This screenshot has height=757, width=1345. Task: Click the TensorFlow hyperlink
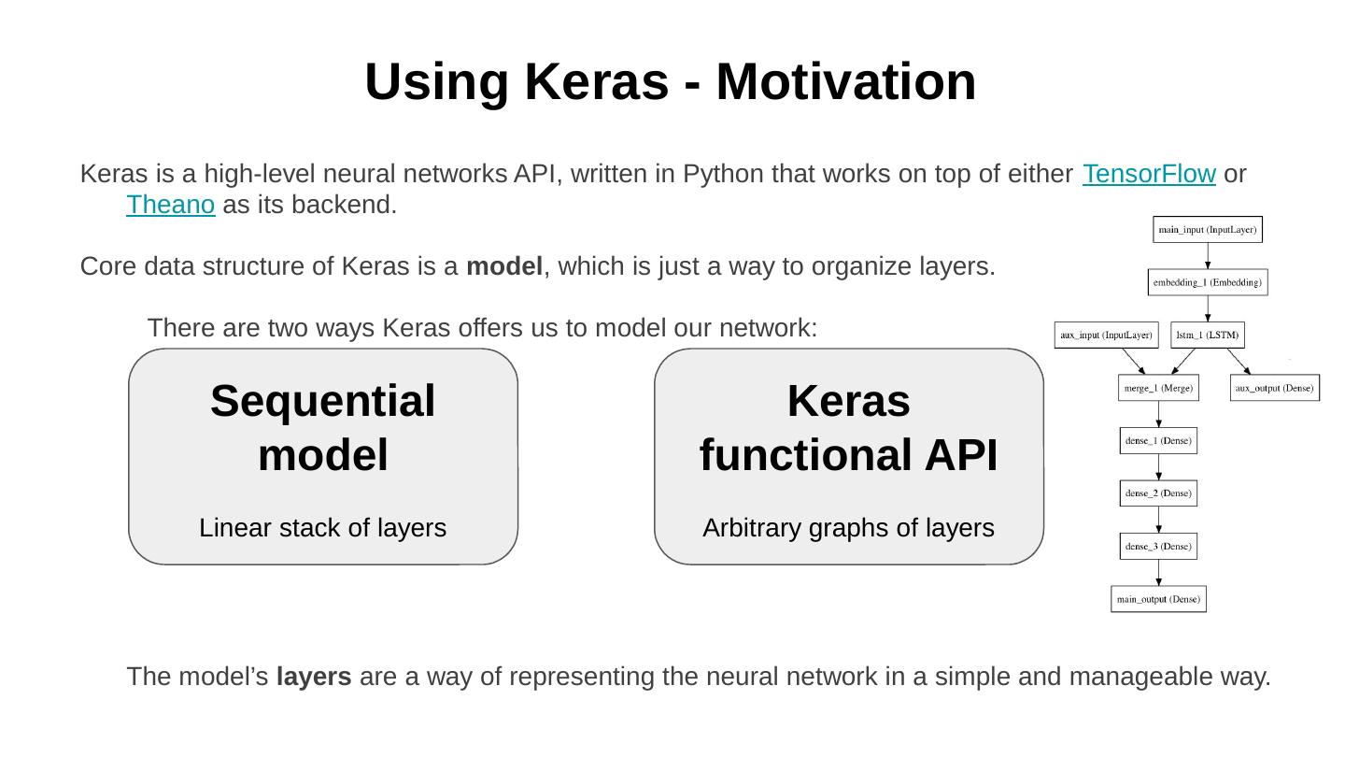click(x=1148, y=175)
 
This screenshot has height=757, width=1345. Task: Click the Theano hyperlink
click(x=171, y=205)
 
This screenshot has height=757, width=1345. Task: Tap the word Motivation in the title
click(x=845, y=81)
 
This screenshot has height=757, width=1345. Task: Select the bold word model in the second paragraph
click(x=504, y=266)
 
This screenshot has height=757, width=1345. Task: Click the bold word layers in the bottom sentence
click(x=314, y=677)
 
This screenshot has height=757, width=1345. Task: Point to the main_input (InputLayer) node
click(x=1208, y=230)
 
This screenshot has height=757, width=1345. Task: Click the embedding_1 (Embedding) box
click(x=1208, y=282)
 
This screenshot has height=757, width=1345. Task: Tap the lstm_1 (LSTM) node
click(x=1207, y=335)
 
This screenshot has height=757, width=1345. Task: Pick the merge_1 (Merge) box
click(x=1158, y=388)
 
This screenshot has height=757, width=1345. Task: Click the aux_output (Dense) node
click(x=1275, y=388)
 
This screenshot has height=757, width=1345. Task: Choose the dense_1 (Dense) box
click(x=1158, y=440)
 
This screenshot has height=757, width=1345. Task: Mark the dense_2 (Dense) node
click(x=1158, y=493)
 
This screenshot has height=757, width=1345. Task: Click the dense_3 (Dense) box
click(x=1158, y=546)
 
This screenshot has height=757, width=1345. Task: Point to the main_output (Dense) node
click(x=1158, y=599)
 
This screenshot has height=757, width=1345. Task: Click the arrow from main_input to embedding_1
click(x=1208, y=256)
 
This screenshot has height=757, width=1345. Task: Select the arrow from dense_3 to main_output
click(x=1158, y=572)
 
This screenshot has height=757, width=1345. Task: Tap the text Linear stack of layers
click(x=322, y=528)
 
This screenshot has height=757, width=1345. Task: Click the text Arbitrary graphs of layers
click(x=848, y=528)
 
